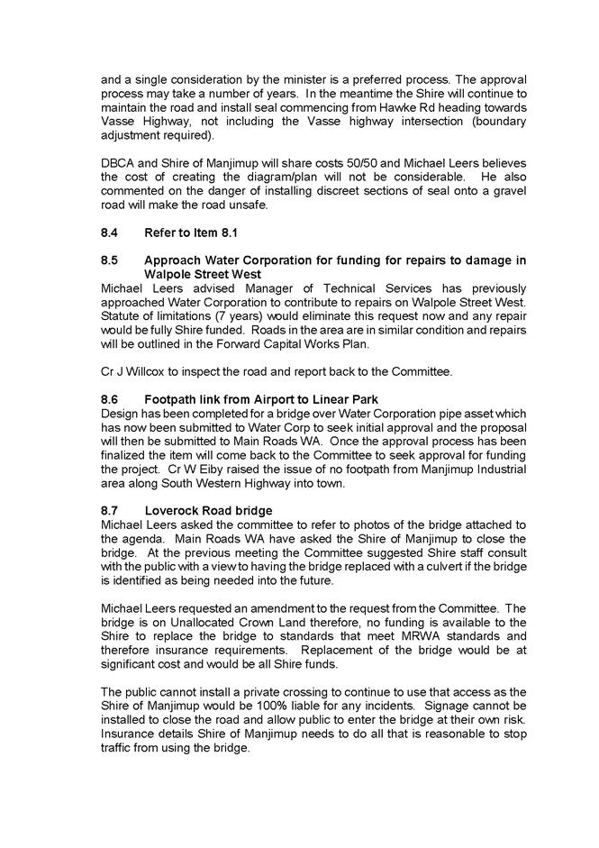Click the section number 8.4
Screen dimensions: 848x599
(110, 233)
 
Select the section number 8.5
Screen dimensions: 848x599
(110, 261)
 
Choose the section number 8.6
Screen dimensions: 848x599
(110, 400)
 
